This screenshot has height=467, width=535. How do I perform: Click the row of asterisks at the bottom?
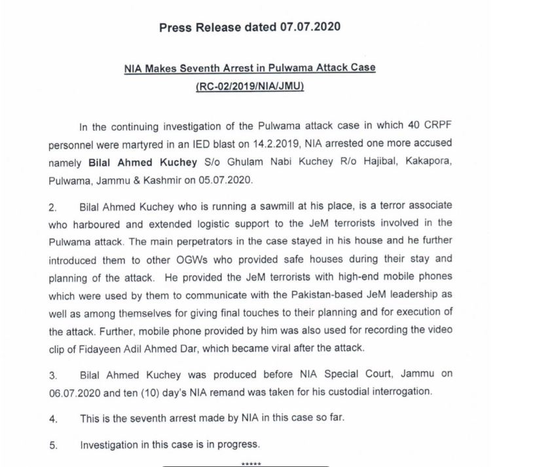click(251, 463)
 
